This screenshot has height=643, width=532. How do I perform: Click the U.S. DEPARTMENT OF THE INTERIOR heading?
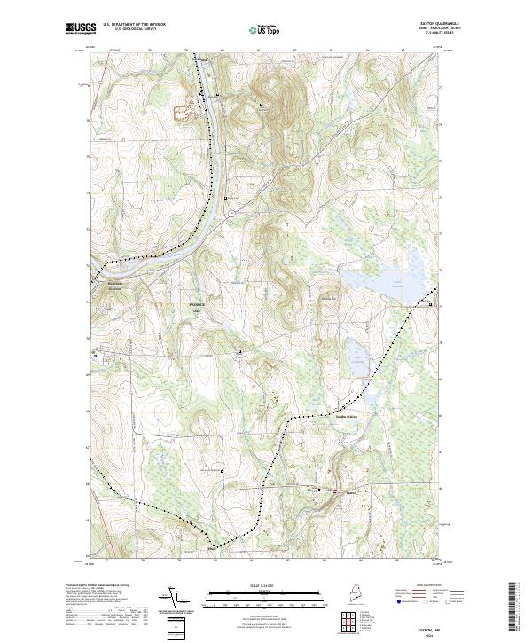(135, 25)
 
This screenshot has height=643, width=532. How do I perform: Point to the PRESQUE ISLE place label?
(197, 308)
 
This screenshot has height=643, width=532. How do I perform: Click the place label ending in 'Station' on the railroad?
(351, 416)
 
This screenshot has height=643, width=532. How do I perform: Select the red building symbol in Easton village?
(334, 490)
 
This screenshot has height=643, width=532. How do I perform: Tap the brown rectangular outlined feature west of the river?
(184, 113)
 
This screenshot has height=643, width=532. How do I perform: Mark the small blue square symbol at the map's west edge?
(95, 355)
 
